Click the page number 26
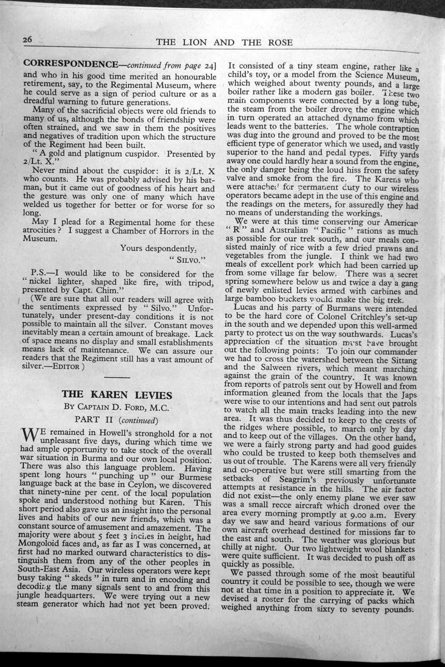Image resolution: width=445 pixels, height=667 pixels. tap(27, 40)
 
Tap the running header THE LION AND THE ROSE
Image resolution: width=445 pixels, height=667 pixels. tap(224, 42)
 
